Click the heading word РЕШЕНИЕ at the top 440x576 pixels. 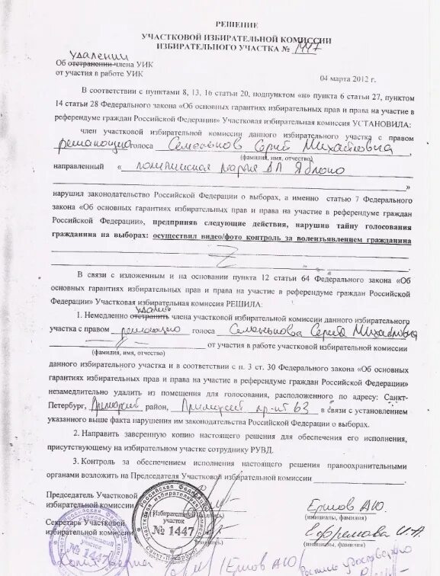236,25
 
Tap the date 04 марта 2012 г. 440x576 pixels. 348,78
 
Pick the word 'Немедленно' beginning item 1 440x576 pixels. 110,315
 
